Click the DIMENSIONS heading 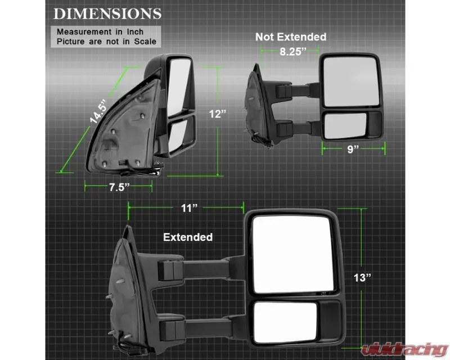coord(107,14)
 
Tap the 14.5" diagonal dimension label coord(98,111)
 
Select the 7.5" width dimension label coord(119,187)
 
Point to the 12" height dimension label coord(218,114)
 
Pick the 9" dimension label coord(353,149)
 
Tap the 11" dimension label coord(189,208)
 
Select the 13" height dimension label coord(362,278)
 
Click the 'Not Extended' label coord(291,37)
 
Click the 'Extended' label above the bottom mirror coord(188,237)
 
